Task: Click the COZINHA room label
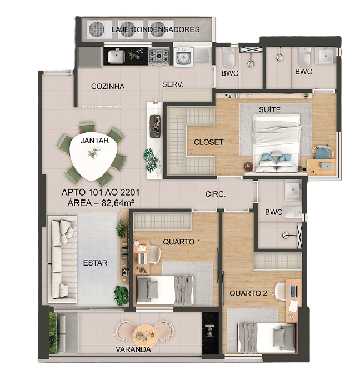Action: coord(108,86)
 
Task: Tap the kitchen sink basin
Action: coord(116,57)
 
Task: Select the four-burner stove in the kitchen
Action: coord(159,57)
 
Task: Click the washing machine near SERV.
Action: coord(183,57)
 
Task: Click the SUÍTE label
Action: coord(269,109)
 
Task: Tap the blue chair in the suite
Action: coord(323,152)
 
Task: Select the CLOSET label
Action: coord(208,142)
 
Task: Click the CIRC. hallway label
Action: coord(216,194)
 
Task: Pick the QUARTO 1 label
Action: coord(182,242)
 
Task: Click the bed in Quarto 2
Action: coord(267,338)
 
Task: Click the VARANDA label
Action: coord(133,349)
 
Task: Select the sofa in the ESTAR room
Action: coord(63,259)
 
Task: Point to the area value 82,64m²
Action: coord(118,203)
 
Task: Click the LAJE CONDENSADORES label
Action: coord(156,29)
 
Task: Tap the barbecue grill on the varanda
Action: coord(210,332)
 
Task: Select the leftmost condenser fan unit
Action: coord(97,29)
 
